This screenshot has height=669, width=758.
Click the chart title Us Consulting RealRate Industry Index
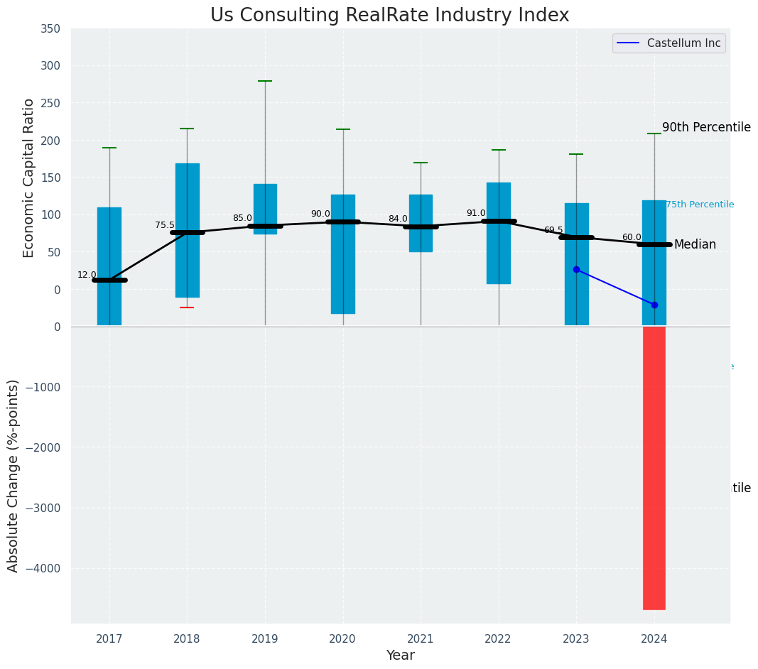pos(389,16)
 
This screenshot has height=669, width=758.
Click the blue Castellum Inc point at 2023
pos(576,269)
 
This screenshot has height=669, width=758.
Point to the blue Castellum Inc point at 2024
pos(654,305)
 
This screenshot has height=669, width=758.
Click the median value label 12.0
pos(87,275)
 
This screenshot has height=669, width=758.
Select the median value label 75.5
pos(165,225)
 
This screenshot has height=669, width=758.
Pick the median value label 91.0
pos(476,213)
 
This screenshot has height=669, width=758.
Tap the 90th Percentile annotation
pos(706,127)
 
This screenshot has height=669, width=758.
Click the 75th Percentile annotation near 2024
pos(700,205)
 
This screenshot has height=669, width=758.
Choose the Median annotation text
pos(695,244)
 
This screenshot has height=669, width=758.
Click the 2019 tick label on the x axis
pos(265,638)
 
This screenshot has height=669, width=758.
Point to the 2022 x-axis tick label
pos(498,638)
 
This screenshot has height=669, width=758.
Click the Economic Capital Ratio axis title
pos(29,178)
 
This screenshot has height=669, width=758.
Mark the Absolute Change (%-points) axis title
pos(13,475)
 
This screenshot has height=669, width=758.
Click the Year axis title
pos(400,656)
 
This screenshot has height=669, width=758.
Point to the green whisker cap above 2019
pos(265,81)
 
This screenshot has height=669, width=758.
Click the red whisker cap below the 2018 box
pos(187,308)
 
